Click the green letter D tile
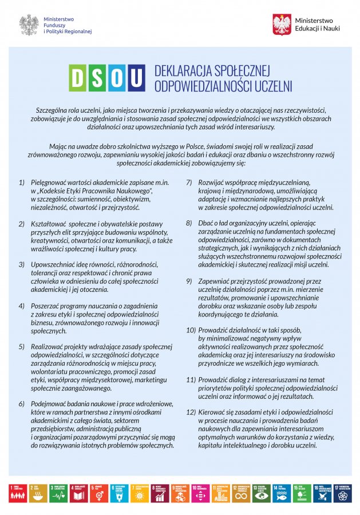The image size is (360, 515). [78, 78]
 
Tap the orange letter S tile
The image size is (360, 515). [98, 78]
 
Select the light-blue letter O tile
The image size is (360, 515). [117, 78]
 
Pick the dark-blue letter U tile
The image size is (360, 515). [136, 78]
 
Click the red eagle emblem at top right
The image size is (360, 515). [282, 25]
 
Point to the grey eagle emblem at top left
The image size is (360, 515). [29, 25]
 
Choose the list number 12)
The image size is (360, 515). [191, 412]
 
